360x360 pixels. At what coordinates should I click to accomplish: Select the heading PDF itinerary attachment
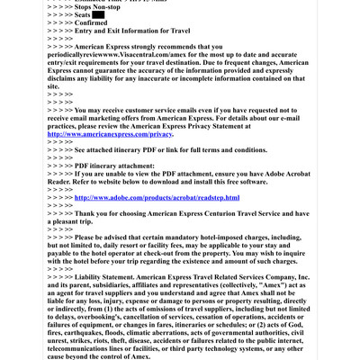(x=85, y=166)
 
